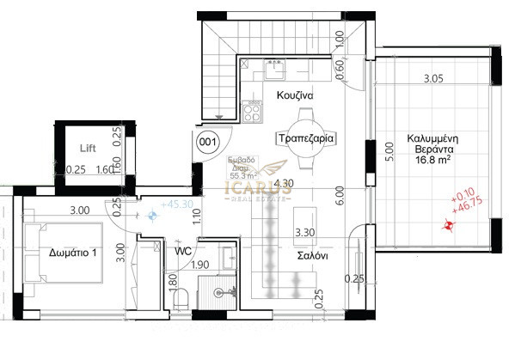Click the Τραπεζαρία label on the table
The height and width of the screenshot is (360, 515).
(x=305, y=137)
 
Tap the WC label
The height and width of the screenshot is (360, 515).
(x=182, y=252)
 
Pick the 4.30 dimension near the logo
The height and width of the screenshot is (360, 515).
(x=285, y=184)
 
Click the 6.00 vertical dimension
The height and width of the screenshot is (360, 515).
(x=340, y=196)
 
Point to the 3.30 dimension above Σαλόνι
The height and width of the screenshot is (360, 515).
(x=305, y=232)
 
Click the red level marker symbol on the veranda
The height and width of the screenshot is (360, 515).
(x=446, y=227)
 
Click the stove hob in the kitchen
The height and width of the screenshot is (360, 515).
(x=254, y=110)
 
